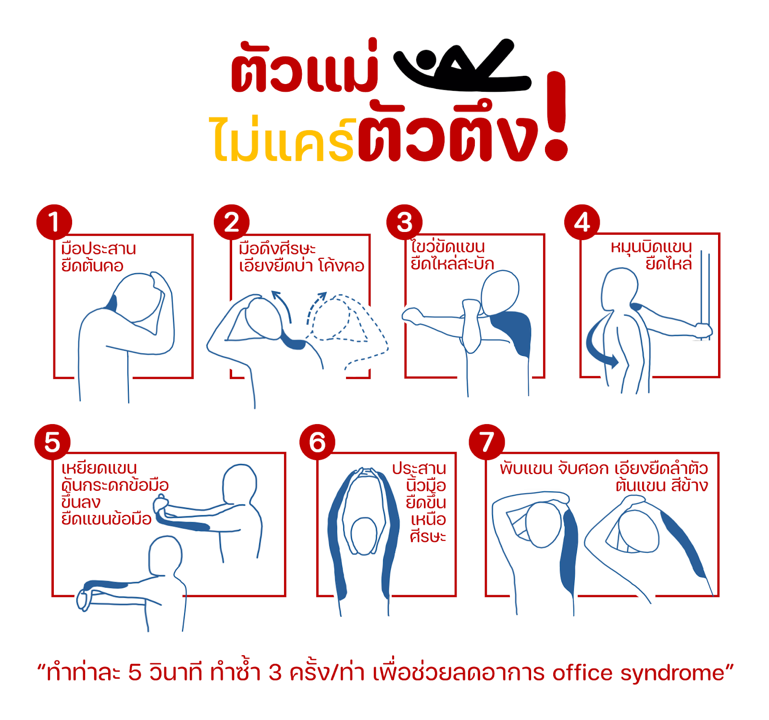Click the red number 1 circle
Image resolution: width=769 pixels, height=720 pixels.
[54, 222]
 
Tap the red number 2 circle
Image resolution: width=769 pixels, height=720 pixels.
[232, 222]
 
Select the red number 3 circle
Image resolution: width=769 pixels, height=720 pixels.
[405, 222]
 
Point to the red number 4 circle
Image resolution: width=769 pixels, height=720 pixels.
[582, 222]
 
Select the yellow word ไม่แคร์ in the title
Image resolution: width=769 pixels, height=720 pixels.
[283, 139]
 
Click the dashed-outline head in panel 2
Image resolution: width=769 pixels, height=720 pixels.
[336, 317]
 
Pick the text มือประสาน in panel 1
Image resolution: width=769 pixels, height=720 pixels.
[99, 249]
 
